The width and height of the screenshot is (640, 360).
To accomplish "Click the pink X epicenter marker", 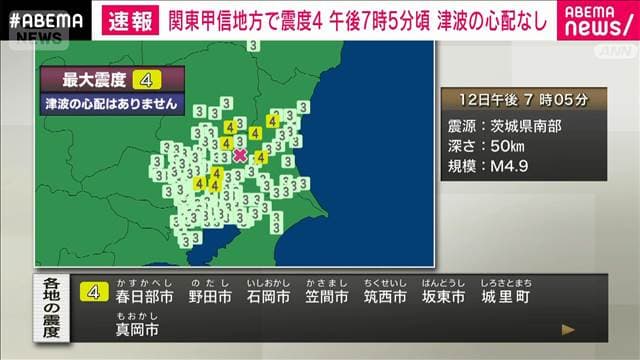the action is coord(240,155).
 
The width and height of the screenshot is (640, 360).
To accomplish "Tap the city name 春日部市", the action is coord(145,297).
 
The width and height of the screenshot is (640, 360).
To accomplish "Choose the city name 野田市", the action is coord(211,297).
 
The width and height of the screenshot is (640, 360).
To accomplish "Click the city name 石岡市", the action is coord(269,297).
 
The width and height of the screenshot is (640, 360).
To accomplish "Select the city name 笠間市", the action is coord(327,297).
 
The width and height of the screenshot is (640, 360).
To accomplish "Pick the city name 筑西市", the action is coord(385,297).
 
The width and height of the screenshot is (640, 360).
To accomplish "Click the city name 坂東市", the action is coord(443,297).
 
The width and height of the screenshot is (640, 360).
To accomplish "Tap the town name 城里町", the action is coord(504,297).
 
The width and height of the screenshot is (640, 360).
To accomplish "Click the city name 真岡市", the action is coord(137,329).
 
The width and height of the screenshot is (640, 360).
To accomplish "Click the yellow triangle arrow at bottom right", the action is coord(568,328).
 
